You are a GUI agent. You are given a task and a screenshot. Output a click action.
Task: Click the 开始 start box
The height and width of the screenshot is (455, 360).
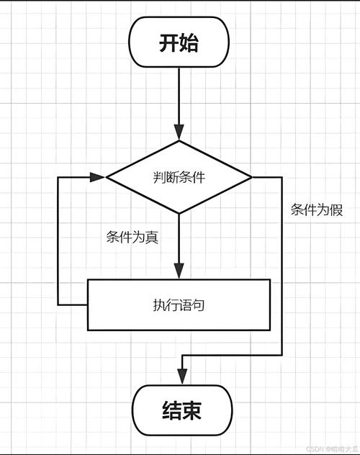(179, 42)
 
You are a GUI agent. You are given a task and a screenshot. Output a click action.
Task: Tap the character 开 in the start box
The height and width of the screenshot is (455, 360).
(168, 42)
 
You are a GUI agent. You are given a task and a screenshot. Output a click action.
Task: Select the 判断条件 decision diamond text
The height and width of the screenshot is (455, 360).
(179, 177)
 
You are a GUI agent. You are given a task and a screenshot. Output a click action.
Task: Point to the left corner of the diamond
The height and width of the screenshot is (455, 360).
(107, 177)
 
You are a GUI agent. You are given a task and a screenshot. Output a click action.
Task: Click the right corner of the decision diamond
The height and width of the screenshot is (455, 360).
(251, 177)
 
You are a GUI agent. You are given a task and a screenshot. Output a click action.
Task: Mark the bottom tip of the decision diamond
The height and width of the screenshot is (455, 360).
(179, 214)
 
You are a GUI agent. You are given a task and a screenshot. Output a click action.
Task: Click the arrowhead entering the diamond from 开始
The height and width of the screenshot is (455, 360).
(179, 134)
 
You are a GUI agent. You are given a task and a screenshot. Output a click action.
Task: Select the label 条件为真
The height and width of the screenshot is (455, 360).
(132, 238)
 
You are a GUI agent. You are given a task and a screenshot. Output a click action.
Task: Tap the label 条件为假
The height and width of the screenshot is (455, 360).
(316, 210)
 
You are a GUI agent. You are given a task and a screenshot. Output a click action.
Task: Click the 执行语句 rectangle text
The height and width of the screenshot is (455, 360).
(179, 305)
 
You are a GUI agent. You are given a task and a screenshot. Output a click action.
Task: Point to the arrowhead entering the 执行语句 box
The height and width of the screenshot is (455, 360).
(179, 272)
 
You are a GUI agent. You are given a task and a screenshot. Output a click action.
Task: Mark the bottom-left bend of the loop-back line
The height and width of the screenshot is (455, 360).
(58, 305)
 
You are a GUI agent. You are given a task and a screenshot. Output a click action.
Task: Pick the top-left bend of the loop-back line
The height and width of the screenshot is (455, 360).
(58, 177)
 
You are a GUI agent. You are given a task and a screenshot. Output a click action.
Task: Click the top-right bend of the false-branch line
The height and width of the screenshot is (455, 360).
(282, 177)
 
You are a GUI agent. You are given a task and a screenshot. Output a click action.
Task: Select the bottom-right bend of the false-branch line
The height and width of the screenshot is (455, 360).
(282, 355)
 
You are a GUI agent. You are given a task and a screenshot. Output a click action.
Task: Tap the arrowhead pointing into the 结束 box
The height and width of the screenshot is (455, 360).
(182, 379)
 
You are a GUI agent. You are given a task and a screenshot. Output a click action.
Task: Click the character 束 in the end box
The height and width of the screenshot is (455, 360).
(191, 410)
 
